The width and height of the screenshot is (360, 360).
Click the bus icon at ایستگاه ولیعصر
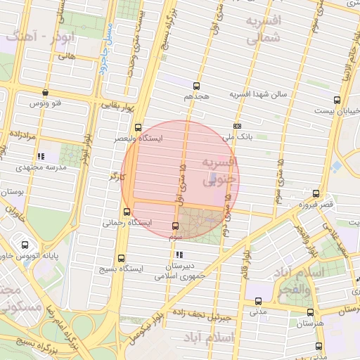pyautogui.click(x=137, y=128)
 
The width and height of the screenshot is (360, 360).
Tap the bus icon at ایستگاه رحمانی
pyautogui.click(x=127, y=212)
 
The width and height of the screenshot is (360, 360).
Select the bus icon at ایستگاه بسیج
pyautogui.click(x=122, y=258)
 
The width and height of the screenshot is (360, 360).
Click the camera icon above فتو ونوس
pyautogui.click(x=46, y=92)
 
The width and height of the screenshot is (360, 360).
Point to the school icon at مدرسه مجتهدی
pyautogui.click(x=41, y=156)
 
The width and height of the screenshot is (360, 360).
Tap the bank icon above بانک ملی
pyautogui.click(x=236, y=126)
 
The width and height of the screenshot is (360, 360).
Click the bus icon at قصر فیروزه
pyautogui.click(x=316, y=193)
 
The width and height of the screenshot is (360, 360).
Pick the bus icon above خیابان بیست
pyautogui.click(x=337, y=100)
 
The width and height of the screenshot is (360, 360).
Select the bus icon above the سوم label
pyautogui.click(x=175, y=226)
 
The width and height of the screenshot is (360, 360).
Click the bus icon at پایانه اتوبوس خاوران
pyautogui.click(x=25, y=245)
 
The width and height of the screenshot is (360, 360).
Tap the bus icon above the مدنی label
pyautogui.click(x=258, y=300)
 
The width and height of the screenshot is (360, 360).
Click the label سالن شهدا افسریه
pyautogui.click(x=259, y=94)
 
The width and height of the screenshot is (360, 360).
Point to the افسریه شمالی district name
pyautogui.click(x=263, y=30)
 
